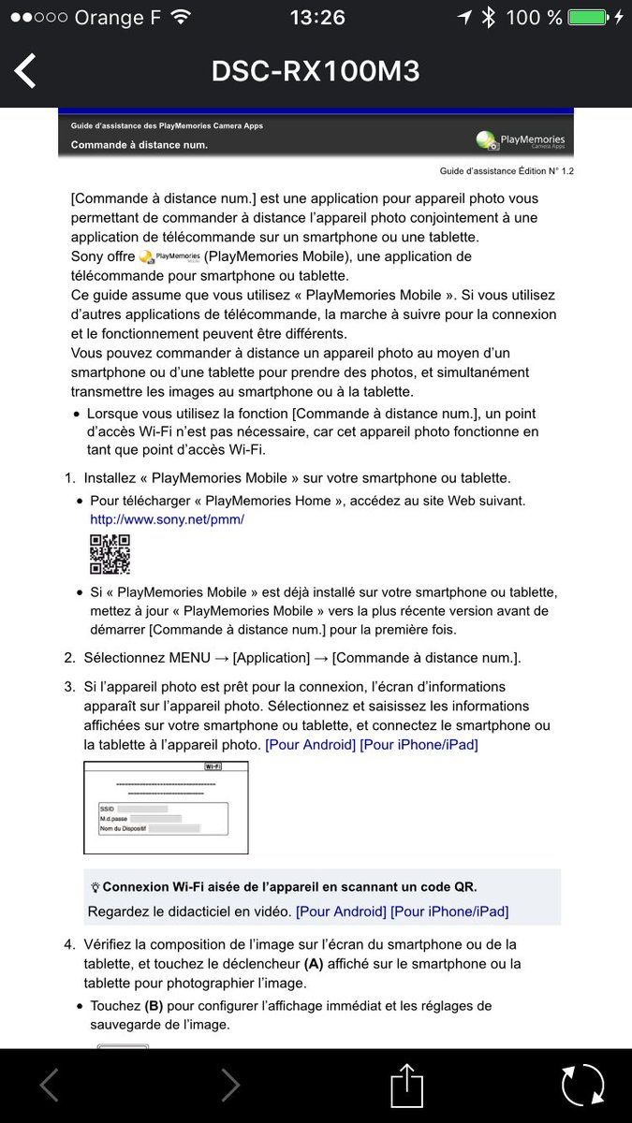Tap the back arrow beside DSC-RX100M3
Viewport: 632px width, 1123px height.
coord(25,71)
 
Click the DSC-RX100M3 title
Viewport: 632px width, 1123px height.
coord(316,71)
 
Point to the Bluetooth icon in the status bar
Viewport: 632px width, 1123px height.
coord(488,18)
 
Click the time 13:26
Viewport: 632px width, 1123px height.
coord(317,18)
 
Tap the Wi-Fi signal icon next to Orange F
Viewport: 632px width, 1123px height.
coord(182,18)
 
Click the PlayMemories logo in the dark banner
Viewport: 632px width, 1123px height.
coord(521,140)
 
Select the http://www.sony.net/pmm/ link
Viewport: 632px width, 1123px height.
coord(167,519)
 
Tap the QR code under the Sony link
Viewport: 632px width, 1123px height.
coord(110,554)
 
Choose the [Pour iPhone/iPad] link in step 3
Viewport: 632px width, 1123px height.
coord(419,745)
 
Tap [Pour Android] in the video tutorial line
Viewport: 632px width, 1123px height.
coord(341,911)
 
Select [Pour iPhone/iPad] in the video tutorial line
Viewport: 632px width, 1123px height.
coord(449,911)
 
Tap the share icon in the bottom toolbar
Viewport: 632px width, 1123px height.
coord(406,1086)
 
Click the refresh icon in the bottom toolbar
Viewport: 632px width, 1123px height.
coord(582,1086)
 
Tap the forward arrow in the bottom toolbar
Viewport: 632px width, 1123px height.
coord(229,1086)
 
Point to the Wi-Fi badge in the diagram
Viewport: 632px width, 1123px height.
coord(213,766)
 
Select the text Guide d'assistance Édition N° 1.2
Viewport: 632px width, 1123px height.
coord(507,171)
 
